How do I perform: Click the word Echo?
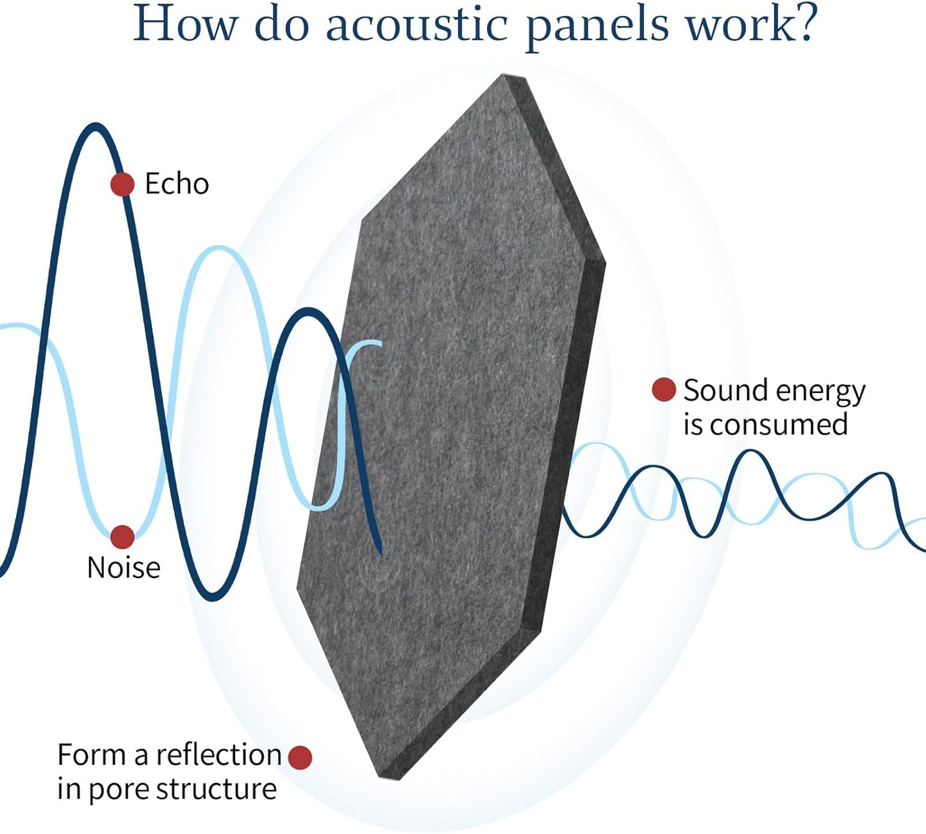177,184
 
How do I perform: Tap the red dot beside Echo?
122,185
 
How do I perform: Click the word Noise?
124,567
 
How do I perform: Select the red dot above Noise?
122,537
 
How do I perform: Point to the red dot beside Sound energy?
664,389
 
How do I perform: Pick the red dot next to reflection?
300,757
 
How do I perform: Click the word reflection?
219,755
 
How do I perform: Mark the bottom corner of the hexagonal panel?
383,778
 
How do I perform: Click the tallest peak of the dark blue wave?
95,126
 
